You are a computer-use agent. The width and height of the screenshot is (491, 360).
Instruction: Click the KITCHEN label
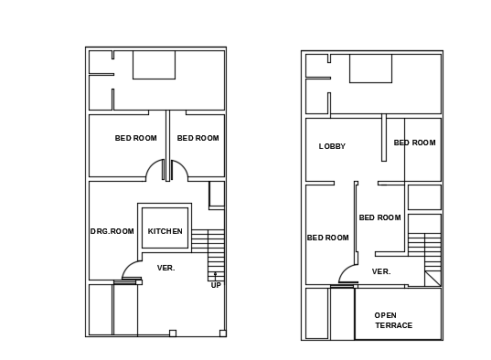coord(165,231)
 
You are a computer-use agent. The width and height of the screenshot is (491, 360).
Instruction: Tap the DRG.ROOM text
coord(112,231)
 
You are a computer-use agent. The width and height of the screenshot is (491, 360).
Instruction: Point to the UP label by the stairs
coord(216,285)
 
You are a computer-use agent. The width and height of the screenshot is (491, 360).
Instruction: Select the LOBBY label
coord(332,146)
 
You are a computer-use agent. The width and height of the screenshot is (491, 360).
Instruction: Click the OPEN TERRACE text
coord(393,320)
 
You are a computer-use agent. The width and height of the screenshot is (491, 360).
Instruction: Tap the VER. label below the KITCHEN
coord(165,268)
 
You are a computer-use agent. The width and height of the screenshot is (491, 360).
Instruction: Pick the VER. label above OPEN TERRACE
coord(381,271)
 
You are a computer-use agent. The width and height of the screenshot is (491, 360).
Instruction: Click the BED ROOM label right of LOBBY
coord(414,143)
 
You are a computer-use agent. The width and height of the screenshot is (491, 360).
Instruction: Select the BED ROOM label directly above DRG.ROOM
coord(135,138)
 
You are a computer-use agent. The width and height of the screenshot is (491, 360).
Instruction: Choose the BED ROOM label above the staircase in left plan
coord(197,138)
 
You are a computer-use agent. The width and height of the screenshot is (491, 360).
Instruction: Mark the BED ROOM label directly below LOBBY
coord(327,238)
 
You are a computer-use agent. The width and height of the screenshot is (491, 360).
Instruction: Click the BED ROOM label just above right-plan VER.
coord(379,217)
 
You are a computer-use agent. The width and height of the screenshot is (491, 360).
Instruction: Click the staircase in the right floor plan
coord(424,251)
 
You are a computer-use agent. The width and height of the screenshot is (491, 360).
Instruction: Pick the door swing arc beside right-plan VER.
coord(348,274)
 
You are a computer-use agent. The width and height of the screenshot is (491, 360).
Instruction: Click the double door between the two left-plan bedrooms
coord(167,169)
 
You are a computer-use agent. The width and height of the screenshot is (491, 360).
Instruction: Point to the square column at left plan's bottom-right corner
coord(222,333)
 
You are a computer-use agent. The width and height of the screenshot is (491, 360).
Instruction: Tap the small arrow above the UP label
coord(216,274)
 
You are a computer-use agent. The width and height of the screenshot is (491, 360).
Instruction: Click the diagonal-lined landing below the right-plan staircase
coord(432,278)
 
